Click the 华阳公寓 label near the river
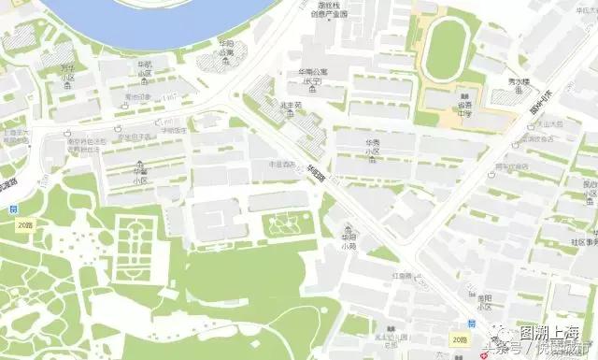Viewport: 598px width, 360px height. (x=226, y=49)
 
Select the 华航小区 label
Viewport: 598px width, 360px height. (x=145, y=67)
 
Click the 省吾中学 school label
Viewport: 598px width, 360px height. (x=463, y=100)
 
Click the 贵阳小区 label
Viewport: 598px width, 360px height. (x=483, y=300)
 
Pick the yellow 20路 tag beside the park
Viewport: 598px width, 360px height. (x=24, y=225)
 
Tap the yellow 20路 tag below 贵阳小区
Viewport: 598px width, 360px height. (x=460, y=340)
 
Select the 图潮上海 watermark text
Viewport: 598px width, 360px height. (x=552, y=333)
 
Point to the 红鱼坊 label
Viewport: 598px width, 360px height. (x=403, y=277)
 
